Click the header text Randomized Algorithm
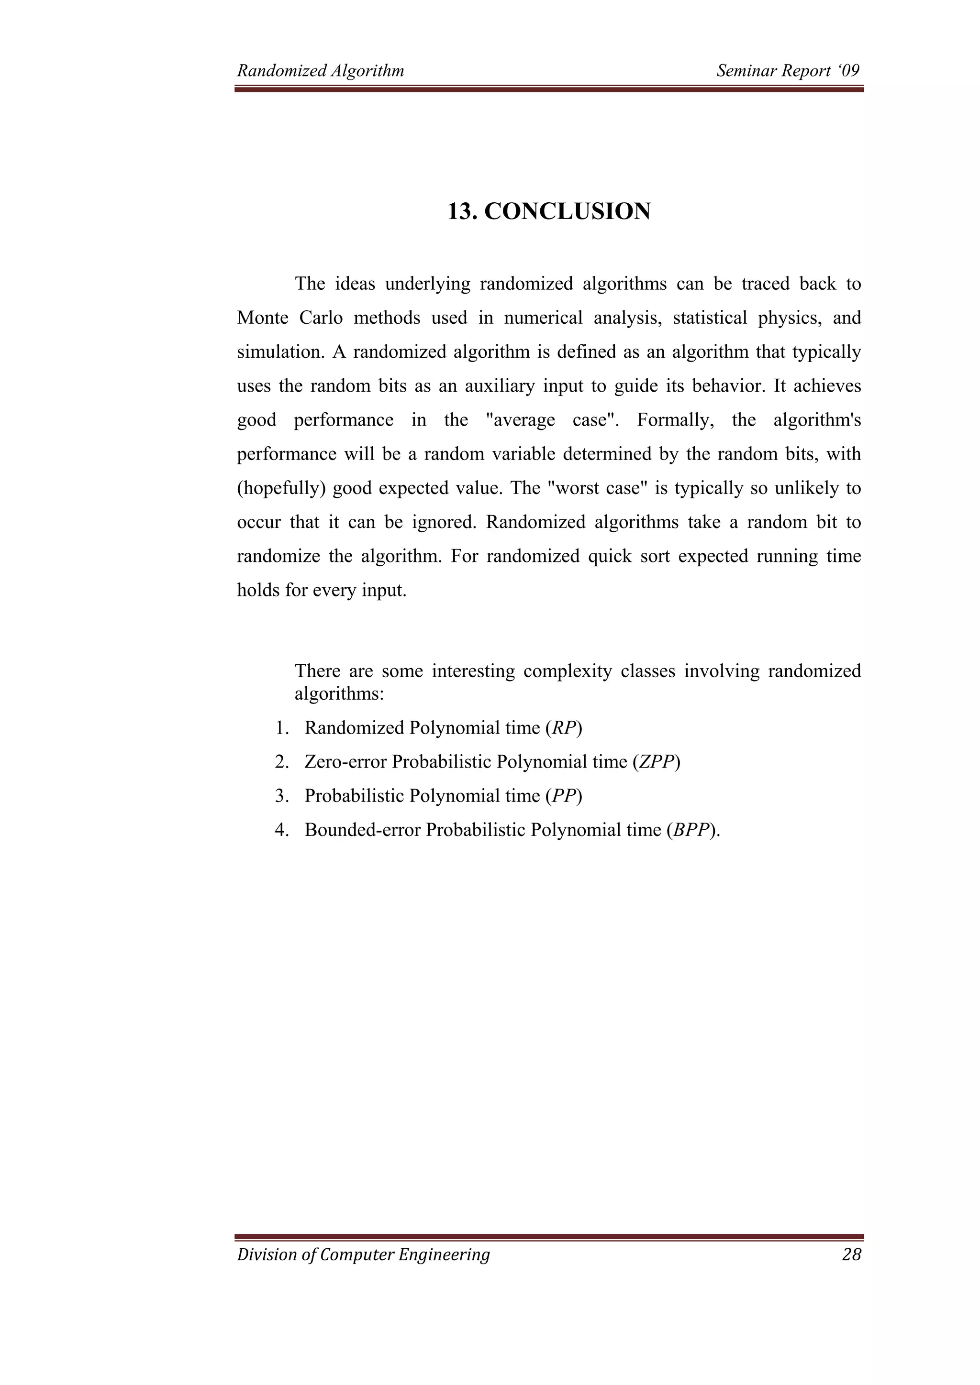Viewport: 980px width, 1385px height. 321,71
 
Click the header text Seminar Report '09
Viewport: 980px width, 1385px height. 788,71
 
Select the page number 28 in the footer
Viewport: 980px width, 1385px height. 851,1255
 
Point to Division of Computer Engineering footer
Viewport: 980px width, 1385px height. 363,1255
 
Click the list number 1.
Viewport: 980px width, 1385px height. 280,728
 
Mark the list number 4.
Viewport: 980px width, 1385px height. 280,830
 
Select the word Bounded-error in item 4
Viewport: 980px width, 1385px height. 362,830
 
